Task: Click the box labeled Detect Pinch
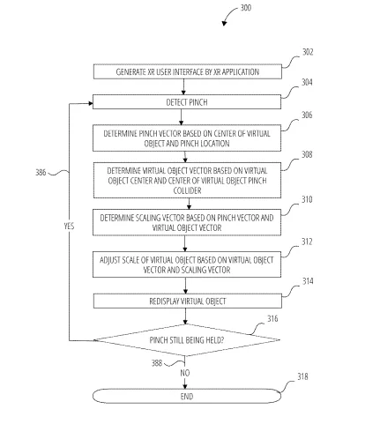(187, 102)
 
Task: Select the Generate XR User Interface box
(188, 71)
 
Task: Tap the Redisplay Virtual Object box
(188, 301)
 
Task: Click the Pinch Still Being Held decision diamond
(187, 340)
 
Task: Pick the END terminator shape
(187, 396)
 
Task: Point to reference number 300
(246, 8)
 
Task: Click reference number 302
(308, 52)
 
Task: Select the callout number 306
(307, 115)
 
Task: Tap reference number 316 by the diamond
(272, 319)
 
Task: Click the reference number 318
(302, 376)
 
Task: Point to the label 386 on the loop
(41, 173)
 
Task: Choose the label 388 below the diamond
(157, 363)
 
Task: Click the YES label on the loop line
(69, 226)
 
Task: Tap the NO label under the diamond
(185, 373)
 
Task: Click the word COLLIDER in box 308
(187, 190)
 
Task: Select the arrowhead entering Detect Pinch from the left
(91, 103)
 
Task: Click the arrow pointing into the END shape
(185, 383)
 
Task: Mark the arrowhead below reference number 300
(224, 23)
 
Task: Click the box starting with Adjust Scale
(187, 264)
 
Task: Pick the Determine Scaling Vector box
(187, 222)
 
